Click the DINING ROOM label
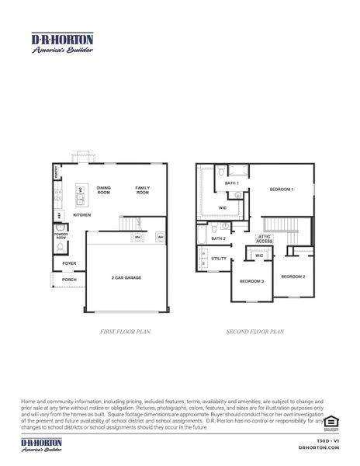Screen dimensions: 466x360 pyautogui.click(x=104, y=190)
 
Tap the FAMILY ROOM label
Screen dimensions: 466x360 pyautogui.click(x=143, y=190)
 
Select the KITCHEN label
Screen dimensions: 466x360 pyautogui.click(x=82, y=215)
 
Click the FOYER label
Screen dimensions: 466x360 pyautogui.click(x=70, y=264)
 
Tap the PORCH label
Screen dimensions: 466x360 pyautogui.click(x=69, y=280)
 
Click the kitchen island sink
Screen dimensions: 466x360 pyautogui.click(x=81, y=190)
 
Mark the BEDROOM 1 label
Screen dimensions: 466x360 pyautogui.click(x=281, y=190)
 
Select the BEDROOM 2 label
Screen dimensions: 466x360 pyautogui.click(x=292, y=276)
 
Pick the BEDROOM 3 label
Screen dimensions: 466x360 pyautogui.click(x=251, y=281)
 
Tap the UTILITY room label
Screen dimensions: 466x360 pyautogui.click(x=220, y=258)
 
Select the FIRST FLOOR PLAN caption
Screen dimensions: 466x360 pyautogui.click(x=126, y=332)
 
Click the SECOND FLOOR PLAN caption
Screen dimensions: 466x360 pyautogui.click(x=255, y=332)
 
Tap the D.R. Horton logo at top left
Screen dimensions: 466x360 pyautogui.click(x=62, y=42)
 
